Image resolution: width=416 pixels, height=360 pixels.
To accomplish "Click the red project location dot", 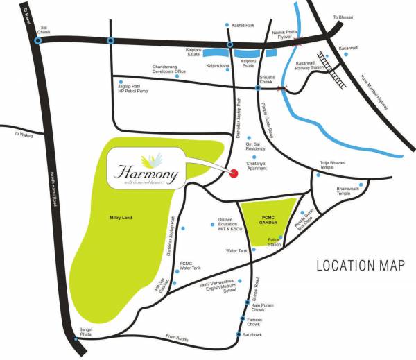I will click(234, 173).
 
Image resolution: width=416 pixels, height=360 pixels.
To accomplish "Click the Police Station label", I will click(275, 242).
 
